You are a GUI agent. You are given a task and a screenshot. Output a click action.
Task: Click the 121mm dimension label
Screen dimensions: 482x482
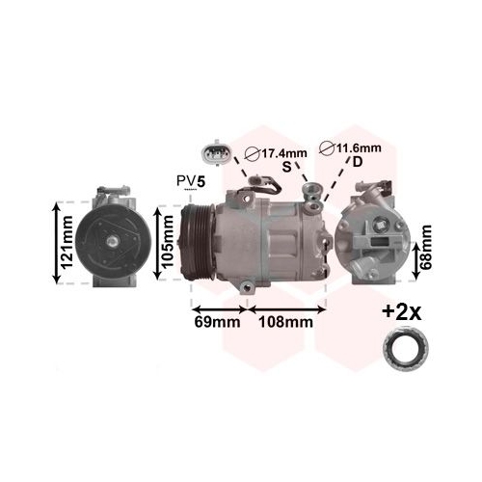[x=67, y=243]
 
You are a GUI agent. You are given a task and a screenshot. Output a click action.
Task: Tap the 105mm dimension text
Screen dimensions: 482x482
[x=168, y=242]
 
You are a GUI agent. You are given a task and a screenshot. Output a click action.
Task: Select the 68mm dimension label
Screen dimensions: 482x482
[x=426, y=247]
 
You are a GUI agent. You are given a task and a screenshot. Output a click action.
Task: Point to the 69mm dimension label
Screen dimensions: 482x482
[x=217, y=322]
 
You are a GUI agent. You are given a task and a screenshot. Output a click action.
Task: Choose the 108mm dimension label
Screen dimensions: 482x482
[x=285, y=322]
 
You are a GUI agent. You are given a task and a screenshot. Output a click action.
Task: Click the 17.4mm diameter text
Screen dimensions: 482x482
[x=283, y=153]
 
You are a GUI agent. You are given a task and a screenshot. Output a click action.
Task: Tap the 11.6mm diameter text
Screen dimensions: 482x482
[x=359, y=147]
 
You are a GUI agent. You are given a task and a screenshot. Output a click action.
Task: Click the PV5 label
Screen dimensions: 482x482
[x=191, y=181]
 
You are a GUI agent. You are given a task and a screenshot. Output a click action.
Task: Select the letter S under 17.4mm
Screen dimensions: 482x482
[x=286, y=167]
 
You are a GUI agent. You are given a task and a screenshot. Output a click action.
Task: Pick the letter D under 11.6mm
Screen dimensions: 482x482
[x=358, y=162]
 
